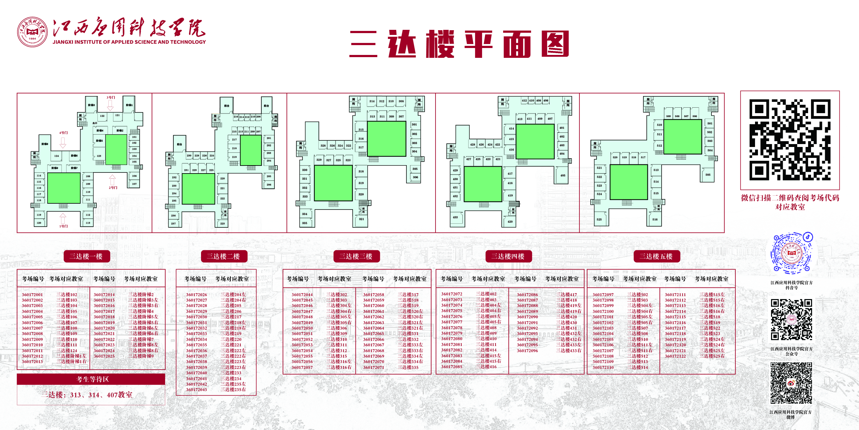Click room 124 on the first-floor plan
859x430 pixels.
[x=56, y=156]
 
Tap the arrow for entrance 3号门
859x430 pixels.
[x=110, y=105]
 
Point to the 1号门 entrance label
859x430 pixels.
[x=64, y=226]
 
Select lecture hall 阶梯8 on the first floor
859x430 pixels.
[x=45, y=144]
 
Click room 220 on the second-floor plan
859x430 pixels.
[x=222, y=178]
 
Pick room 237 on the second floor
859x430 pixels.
[x=173, y=223]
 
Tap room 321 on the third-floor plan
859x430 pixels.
[x=361, y=219]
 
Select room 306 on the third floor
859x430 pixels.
[x=415, y=177]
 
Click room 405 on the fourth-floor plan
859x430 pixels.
[x=563, y=175]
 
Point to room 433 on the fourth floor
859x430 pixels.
[x=455, y=217]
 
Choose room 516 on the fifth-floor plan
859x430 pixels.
[x=655, y=219]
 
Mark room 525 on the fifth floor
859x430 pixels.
[x=599, y=219]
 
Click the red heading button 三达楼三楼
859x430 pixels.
[x=356, y=256]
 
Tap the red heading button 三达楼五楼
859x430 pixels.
[x=656, y=256]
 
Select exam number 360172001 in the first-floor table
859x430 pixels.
[x=32, y=295]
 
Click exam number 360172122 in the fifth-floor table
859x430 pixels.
[x=675, y=356]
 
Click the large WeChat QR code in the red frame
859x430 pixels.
[x=790, y=140]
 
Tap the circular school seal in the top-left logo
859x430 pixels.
[x=32, y=32]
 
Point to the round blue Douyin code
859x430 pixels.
[x=792, y=253]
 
